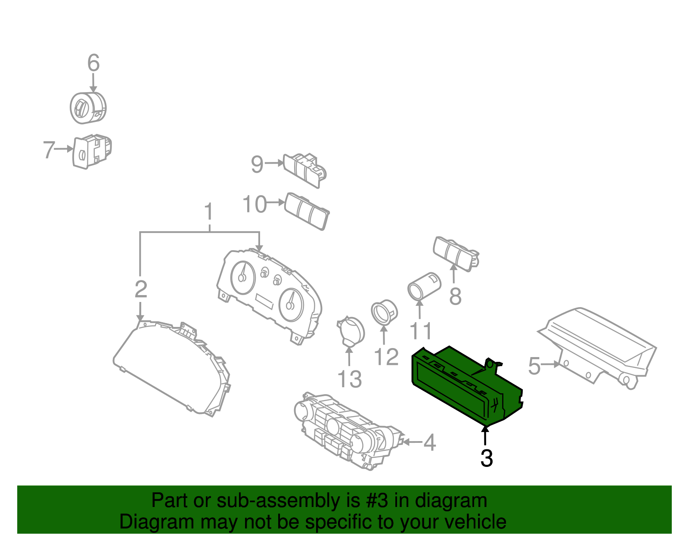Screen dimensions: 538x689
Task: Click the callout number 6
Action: [x=93, y=63]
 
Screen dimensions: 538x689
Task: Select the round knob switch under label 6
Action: [x=88, y=108]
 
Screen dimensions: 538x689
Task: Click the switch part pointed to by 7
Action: [x=92, y=152]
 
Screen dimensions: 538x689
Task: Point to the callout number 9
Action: [x=257, y=165]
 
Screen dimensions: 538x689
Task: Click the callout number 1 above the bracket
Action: [x=209, y=212]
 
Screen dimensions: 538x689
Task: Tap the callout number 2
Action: [x=141, y=289]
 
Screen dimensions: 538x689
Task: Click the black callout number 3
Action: [x=486, y=458]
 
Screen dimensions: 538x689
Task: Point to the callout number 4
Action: [x=429, y=442]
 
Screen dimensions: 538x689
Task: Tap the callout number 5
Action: [x=534, y=366]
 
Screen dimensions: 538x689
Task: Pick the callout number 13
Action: [x=349, y=379]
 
